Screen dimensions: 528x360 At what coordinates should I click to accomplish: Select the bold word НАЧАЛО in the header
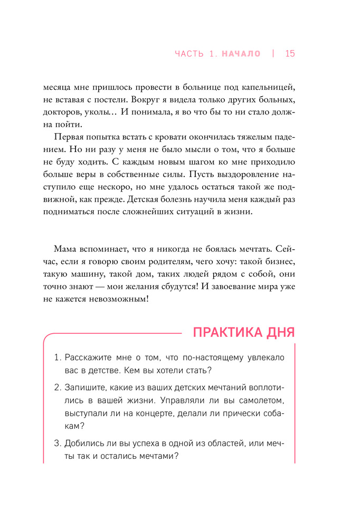click(x=241, y=53)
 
